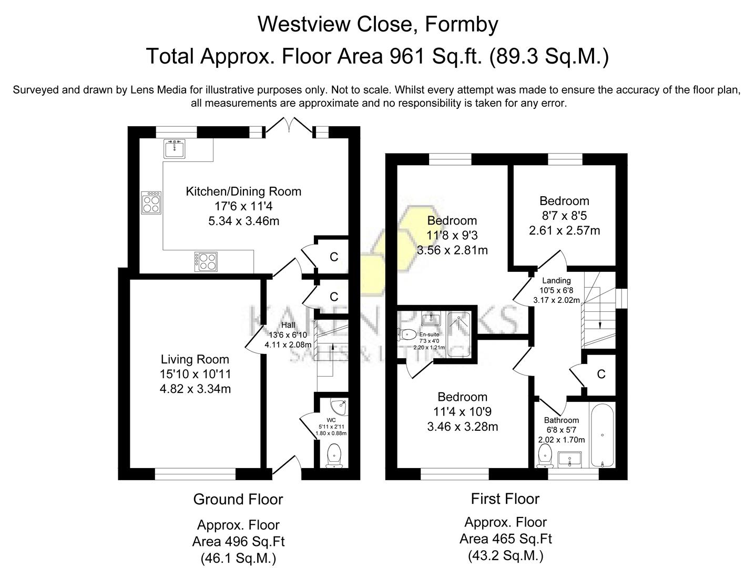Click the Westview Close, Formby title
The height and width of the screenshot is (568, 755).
(378, 24)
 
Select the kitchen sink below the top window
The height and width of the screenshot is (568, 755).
(174, 149)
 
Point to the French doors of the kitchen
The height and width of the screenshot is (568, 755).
(288, 127)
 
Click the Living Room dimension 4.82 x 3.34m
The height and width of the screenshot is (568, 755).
(195, 389)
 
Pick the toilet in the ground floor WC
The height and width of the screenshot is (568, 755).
(334, 455)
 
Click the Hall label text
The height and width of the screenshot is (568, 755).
(288, 325)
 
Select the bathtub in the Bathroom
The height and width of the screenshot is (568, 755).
(601, 435)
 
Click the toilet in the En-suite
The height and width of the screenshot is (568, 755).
(407, 333)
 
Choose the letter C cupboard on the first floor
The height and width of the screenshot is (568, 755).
(601, 374)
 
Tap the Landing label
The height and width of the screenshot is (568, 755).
(556, 281)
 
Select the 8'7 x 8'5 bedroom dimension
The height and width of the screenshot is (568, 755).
(564, 216)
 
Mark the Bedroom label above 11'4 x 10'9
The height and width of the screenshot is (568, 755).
(462, 397)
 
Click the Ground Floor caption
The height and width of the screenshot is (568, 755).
(238, 500)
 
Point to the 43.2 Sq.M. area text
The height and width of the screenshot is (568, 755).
(505, 555)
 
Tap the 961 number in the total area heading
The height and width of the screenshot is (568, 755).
(406, 56)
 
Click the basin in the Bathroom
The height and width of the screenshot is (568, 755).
(569, 459)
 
